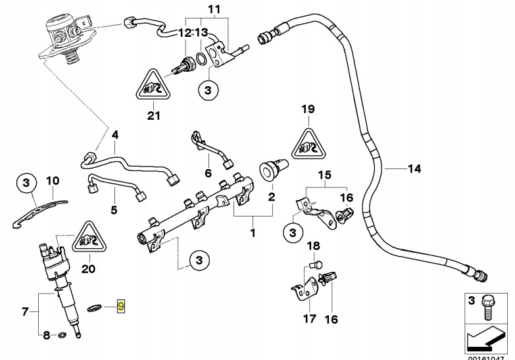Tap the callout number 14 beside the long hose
coord(413,169)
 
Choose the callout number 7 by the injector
coord(26,311)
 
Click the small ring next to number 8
coord(62,336)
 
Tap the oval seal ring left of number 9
coord(96,307)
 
